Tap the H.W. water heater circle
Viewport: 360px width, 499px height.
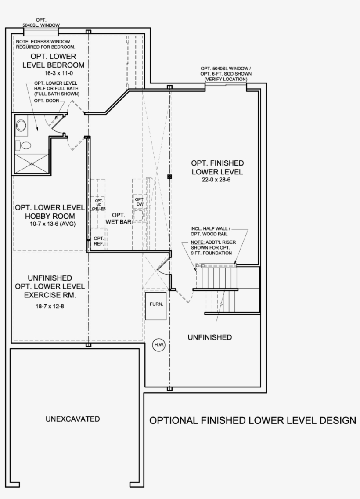(158, 345)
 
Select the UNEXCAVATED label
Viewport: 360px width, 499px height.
(72, 419)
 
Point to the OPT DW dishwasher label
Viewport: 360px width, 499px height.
(139, 202)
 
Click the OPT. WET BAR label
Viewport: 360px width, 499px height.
(119, 218)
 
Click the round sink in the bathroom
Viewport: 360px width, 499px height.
(21, 126)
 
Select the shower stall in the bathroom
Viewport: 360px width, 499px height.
(32, 163)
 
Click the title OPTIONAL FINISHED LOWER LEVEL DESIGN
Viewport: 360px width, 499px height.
(253, 420)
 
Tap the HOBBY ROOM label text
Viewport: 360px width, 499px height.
(50, 216)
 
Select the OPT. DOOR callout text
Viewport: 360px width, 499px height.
(46, 100)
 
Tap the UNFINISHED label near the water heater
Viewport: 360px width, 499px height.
(209, 337)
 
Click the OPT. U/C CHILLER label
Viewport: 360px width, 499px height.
(99, 206)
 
